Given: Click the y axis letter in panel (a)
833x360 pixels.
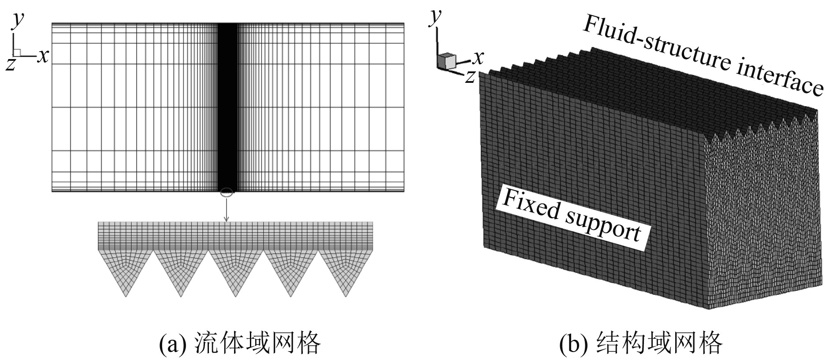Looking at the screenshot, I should (x=18, y=20).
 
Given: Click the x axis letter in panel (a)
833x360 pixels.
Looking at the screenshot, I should (x=43, y=56).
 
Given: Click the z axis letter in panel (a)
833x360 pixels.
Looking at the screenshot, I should (x=11, y=64).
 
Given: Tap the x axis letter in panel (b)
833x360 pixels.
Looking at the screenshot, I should (x=478, y=57).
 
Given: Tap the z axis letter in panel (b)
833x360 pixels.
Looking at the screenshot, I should (x=470, y=76).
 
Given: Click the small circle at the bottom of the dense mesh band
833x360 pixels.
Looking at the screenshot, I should (x=226, y=192).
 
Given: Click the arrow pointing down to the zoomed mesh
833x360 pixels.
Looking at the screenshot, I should (x=227, y=210).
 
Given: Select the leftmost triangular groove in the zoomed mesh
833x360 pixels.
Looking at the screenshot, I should (x=126, y=271).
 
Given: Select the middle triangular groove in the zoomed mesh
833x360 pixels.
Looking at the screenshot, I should (x=236, y=271).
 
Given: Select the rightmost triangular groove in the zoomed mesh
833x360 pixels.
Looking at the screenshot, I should (x=346, y=271).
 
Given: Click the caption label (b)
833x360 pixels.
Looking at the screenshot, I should (x=573, y=344).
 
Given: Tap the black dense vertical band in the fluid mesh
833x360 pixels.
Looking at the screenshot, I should (x=228, y=106).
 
